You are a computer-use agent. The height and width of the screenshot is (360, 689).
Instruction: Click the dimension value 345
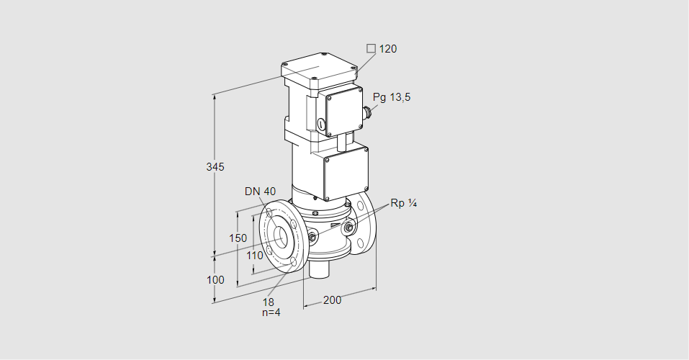pyautogui.click(x=215, y=167)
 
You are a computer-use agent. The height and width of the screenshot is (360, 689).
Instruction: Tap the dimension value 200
pyautogui.click(x=332, y=300)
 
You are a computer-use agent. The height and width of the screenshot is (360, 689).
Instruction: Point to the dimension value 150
pyautogui.click(x=238, y=238)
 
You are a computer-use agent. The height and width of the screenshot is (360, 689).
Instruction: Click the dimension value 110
pyautogui.click(x=255, y=255)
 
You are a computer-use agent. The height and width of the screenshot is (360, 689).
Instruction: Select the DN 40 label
pyautogui.click(x=260, y=191)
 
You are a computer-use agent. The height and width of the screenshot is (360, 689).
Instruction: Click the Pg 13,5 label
pyautogui.click(x=392, y=97)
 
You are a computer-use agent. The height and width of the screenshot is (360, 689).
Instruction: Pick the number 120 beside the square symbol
pyautogui.click(x=388, y=49)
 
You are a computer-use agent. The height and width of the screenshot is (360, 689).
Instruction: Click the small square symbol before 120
pyautogui.click(x=371, y=48)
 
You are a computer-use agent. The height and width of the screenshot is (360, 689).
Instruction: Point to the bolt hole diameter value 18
pyautogui.click(x=269, y=302)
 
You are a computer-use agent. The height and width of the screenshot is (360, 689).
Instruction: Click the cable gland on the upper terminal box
pyautogui.click(x=368, y=111)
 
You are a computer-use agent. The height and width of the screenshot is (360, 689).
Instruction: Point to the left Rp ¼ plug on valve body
pyautogui.click(x=312, y=237)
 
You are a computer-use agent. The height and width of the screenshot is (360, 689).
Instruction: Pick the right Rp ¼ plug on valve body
pyautogui.click(x=348, y=229)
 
